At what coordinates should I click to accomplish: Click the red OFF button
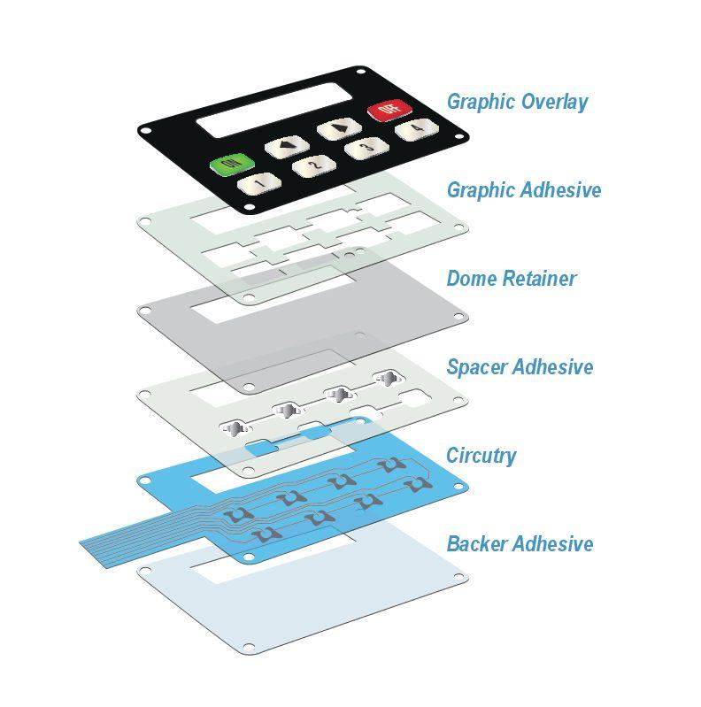386,111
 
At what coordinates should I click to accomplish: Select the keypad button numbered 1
258,183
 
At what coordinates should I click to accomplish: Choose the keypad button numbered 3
363,149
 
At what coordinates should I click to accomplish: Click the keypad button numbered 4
413,131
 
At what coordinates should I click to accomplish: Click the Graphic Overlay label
517,102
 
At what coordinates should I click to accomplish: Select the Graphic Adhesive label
523,190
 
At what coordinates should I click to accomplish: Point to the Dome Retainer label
511,279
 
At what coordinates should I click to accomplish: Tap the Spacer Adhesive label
519,367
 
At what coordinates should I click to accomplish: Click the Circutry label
481,456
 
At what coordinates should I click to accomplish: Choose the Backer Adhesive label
519,543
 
